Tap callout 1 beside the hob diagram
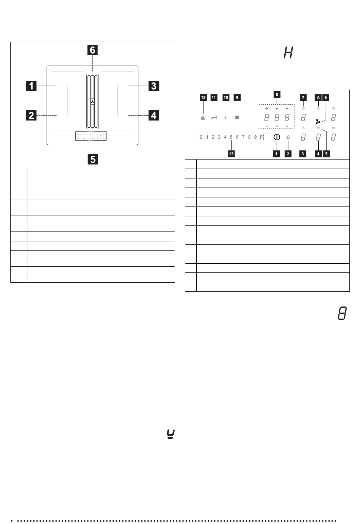point(31,86)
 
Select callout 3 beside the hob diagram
point(153,86)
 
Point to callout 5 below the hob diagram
point(92,159)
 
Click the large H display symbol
point(288,53)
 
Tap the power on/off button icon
point(277,138)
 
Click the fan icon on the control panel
point(318,122)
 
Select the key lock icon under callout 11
point(214,118)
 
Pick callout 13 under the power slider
point(231,154)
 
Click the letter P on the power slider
point(261,137)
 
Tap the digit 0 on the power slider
point(201,137)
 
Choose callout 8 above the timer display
point(277,94)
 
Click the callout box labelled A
point(318,97)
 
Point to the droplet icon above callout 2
point(288,138)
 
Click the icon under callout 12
point(203,118)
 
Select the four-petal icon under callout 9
point(237,118)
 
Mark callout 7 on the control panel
point(303,97)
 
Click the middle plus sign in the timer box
point(277,108)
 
